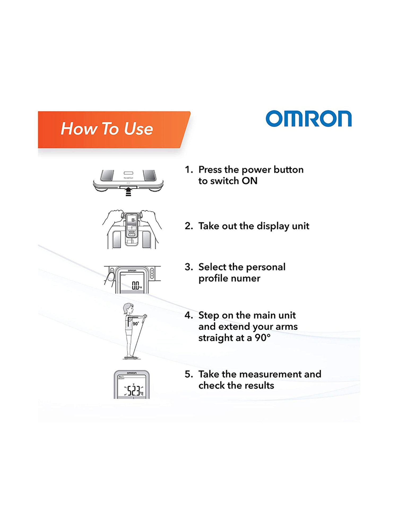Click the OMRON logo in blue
click(309, 118)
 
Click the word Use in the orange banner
click(139, 129)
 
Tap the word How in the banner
click(79, 129)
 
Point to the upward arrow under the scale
click(128, 191)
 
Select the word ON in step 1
click(250, 181)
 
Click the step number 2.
click(188, 226)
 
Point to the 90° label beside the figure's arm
click(136, 324)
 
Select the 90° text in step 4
click(263, 338)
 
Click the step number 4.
click(189, 315)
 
